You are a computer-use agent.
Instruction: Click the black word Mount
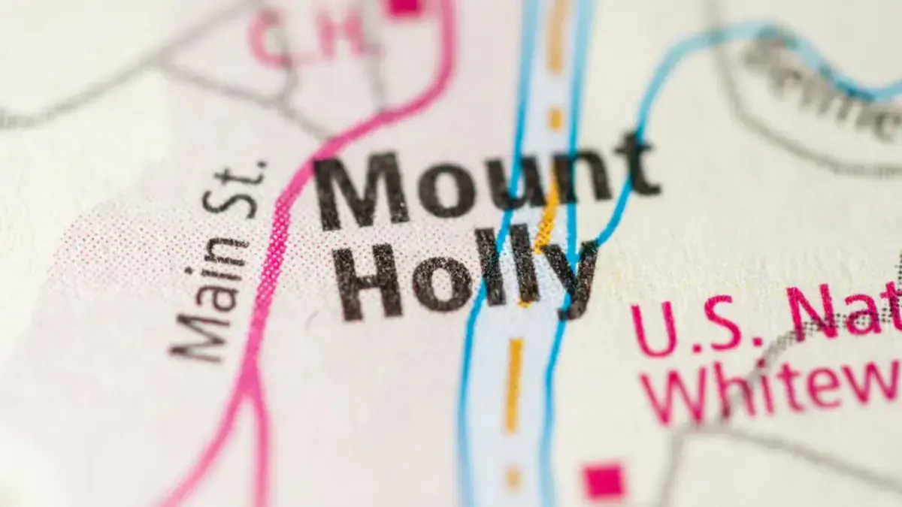click(x=485, y=184)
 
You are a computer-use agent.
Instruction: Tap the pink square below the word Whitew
click(x=604, y=481)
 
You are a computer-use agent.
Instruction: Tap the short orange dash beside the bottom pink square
click(x=513, y=478)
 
